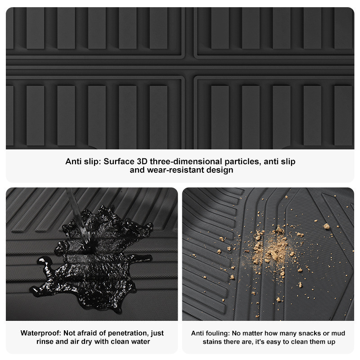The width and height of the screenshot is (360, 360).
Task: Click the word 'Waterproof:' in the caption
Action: pos(41,333)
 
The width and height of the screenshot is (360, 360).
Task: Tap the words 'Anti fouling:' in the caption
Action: pos(210,333)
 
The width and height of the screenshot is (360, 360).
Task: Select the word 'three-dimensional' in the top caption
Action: pos(186,162)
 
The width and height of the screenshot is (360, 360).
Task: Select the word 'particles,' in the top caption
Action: pos(243,162)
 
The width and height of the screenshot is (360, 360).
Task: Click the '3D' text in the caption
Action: pos(142,162)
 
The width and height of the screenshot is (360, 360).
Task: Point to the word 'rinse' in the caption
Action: pos(45,342)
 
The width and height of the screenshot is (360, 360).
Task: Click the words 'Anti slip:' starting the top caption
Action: pos(83,162)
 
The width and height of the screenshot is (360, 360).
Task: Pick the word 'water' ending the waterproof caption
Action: pos(140,342)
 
